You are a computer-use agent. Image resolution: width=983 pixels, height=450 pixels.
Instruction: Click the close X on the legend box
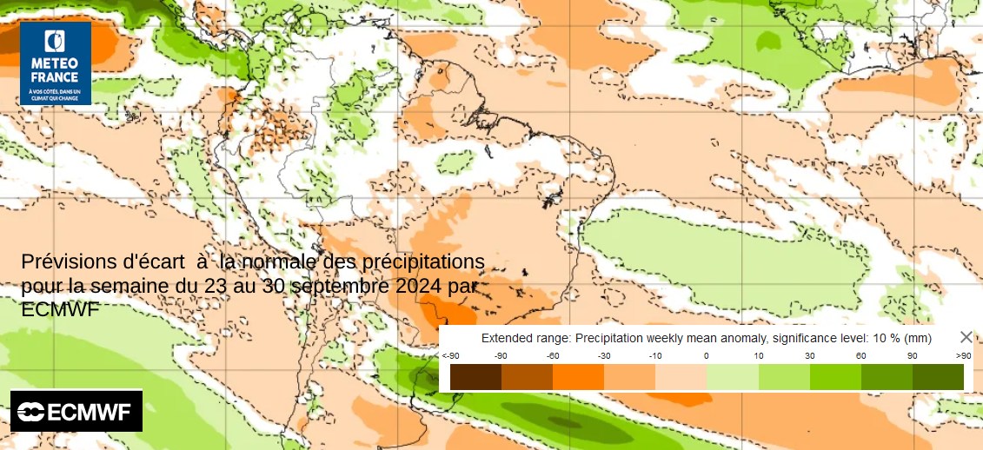[x=966, y=337]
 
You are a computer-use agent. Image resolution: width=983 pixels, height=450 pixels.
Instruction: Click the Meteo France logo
[x=56, y=63]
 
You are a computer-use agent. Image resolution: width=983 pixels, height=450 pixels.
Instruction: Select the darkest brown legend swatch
[x=475, y=376]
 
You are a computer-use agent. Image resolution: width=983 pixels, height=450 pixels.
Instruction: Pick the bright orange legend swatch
[x=578, y=376]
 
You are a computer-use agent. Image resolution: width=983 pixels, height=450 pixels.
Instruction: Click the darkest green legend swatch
[x=938, y=376]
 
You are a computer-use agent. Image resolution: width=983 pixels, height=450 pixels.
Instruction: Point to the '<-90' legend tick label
[x=450, y=356]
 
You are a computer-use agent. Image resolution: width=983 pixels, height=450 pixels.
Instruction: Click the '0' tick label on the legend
[x=706, y=356]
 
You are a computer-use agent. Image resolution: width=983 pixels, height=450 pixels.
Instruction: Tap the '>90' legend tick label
[x=963, y=356]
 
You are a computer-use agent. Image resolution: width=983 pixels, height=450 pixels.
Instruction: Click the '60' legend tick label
[x=860, y=356]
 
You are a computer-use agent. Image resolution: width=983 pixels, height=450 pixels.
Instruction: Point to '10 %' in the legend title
[x=879, y=338]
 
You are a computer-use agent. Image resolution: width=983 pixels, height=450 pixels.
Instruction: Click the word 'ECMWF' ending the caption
[x=60, y=309]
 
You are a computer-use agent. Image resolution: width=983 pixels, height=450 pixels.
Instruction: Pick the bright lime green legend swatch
[x=835, y=376]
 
